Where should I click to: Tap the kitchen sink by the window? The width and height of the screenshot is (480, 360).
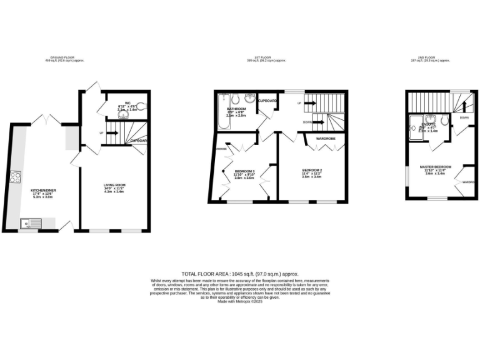29,222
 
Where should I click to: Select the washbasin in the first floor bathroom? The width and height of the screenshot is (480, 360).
249,98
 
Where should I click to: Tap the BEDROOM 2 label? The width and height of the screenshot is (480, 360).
312,170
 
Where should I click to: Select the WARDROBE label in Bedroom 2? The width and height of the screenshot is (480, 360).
326,138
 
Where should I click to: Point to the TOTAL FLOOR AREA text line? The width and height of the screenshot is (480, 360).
240,274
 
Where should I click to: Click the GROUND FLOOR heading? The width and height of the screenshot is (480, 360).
64,57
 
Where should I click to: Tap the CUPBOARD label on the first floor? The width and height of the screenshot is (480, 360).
267,101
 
